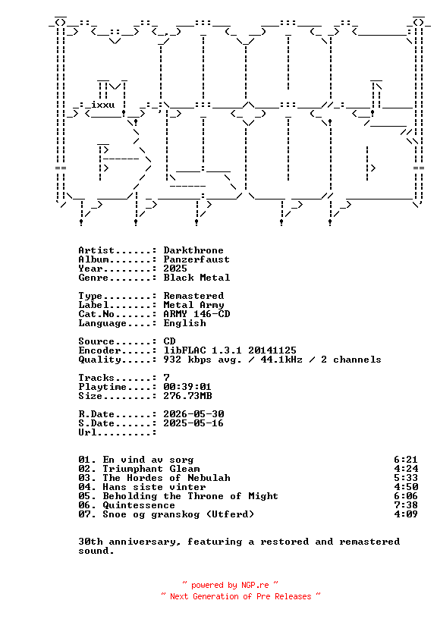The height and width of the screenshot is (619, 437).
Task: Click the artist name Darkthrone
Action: click(193, 250)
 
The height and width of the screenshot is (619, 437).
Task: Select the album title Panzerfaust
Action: click(196, 259)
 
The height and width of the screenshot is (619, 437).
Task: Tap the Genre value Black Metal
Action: click(196, 278)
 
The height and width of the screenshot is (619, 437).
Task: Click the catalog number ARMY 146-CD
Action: click(196, 314)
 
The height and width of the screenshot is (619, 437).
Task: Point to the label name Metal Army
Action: click(193, 305)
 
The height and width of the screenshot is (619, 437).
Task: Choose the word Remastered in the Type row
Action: click(193, 296)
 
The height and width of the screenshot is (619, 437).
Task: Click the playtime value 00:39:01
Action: click(187, 386)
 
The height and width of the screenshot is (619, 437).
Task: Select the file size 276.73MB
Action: click(187, 395)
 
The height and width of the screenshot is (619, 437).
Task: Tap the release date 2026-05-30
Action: click(193, 413)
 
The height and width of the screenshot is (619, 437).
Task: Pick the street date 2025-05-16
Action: click(193, 423)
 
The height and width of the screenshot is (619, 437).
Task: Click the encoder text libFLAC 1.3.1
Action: click(203, 350)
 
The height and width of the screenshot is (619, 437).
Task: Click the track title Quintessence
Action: click(139, 505)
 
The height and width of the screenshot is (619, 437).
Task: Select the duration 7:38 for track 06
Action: click(406, 505)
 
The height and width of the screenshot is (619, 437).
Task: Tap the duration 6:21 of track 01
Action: click(406, 460)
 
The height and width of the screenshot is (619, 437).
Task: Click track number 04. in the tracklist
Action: click(87, 487)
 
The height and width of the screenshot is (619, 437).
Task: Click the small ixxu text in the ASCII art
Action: click(102, 105)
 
